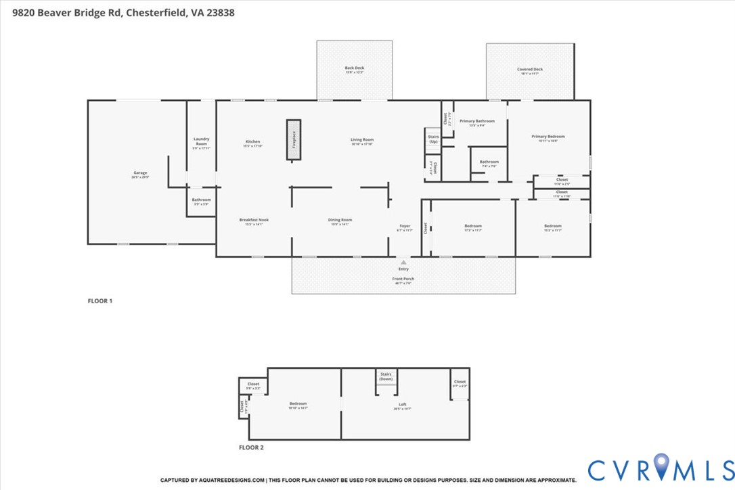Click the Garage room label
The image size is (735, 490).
click(x=140, y=174)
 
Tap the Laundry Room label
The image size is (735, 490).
click(x=201, y=141)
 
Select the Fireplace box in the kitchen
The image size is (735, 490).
click(x=294, y=140)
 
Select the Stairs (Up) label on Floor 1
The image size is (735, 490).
click(x=433, y=139)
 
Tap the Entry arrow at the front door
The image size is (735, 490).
click(x=403, y=261)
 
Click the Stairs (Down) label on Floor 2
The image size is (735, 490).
click(x=386, y=376)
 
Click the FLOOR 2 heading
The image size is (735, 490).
click(x=251, y=447)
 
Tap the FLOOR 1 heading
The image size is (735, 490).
click(x=100, y=300)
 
